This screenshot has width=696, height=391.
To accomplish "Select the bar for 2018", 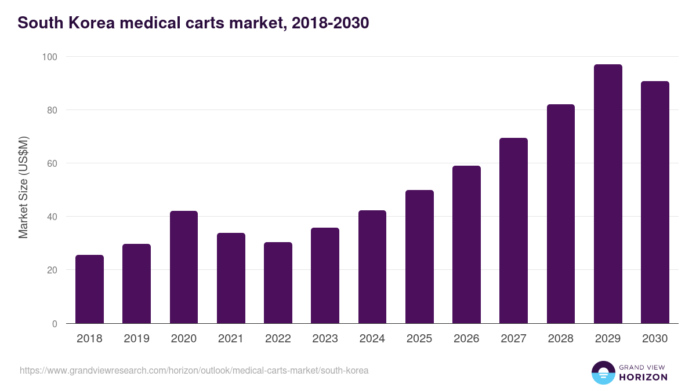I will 89,289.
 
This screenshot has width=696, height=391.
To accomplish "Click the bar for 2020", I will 184,267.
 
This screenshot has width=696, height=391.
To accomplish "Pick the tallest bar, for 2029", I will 608,194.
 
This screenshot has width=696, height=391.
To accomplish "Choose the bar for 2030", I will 655,202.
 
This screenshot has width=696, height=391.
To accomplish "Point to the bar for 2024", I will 372,266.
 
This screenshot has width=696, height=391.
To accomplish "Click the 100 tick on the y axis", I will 49,57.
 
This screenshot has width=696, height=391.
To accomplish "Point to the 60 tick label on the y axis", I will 52,163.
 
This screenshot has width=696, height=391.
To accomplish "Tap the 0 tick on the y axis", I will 55,324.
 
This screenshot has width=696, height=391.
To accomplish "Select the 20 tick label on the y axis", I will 52,270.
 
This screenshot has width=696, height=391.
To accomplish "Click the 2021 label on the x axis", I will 231,339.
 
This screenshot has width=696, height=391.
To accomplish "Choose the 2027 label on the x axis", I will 513,339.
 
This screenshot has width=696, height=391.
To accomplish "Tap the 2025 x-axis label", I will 419,339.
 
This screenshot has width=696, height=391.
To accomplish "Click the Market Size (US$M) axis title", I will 23,187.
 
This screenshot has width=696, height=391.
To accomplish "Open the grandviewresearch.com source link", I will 194,370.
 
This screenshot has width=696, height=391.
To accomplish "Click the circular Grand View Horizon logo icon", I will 603,372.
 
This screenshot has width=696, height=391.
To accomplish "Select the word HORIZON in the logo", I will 643,377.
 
